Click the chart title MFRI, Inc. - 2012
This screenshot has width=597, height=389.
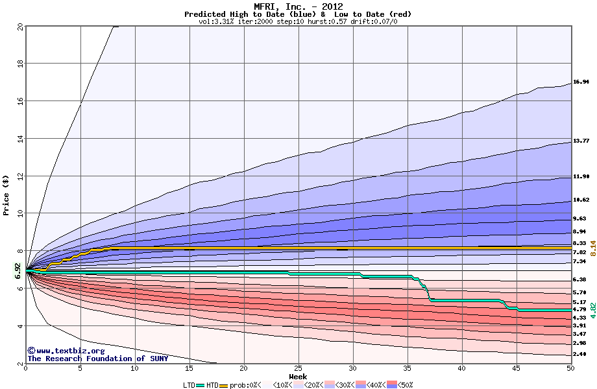298,6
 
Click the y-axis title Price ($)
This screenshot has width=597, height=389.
6,194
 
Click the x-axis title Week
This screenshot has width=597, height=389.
298,376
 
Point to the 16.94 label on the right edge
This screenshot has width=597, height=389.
581,82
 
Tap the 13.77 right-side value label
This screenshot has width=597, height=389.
581,141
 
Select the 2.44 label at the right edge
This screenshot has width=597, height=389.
579,354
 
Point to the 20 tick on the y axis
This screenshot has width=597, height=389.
19,27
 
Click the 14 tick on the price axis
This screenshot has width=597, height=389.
19,139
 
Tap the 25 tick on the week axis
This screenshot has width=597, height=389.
298,368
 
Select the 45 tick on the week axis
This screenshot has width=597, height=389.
517,368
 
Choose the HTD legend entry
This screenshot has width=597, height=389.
212,385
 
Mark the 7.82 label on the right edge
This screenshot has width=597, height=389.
579,252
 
